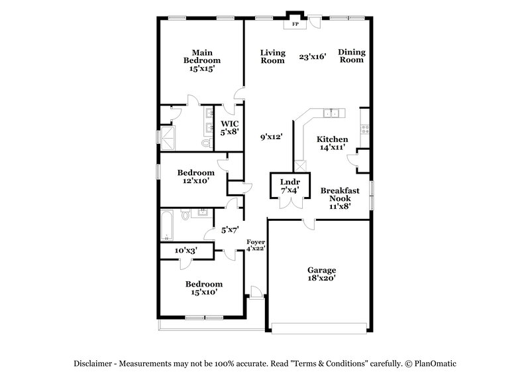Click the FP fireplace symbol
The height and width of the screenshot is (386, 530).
(x=294, y=25)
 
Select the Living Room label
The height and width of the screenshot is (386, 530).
(x=272, y=56)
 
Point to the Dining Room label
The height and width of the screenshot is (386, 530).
(x=351, y=56)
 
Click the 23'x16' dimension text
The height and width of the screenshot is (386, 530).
(x=312, y=57)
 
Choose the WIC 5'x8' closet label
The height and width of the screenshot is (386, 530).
(x=230, y=127)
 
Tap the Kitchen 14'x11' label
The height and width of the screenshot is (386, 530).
(x=333, y=143)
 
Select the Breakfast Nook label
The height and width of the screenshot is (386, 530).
(x=340, y=198)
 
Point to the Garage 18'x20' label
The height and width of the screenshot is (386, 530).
(x=321, y=275)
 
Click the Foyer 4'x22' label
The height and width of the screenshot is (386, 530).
(x=256, y=245)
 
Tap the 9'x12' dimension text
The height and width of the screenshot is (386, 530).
(x=272, y=137)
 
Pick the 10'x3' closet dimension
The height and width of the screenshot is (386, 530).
(x=186, y=251)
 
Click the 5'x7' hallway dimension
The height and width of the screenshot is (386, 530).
(x=229, y=230)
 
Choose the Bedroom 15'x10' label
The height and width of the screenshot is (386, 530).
(x=203, y=288)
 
